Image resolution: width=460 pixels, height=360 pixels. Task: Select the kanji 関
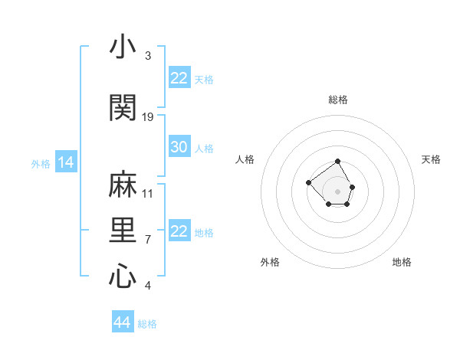122,107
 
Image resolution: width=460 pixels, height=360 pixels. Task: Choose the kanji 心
122,277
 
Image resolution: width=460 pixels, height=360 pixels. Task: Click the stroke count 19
148,117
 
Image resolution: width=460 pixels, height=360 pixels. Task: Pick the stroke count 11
148,194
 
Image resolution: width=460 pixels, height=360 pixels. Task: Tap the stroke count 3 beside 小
147,56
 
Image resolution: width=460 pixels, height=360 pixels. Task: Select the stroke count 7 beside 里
147,240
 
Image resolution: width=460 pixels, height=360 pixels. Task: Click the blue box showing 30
179,147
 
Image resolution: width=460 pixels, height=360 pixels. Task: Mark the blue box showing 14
65,162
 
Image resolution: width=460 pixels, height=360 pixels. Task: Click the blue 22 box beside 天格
179,78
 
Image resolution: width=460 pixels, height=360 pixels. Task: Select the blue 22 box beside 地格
179,231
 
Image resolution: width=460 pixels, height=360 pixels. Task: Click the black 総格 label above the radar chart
338,100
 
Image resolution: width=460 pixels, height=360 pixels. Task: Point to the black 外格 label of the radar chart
270,262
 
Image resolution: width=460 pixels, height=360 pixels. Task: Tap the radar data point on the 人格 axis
308,182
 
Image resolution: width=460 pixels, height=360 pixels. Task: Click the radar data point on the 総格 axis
338,162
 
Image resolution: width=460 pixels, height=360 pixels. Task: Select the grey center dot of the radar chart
338,191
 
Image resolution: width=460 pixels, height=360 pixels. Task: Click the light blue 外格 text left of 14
40,163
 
